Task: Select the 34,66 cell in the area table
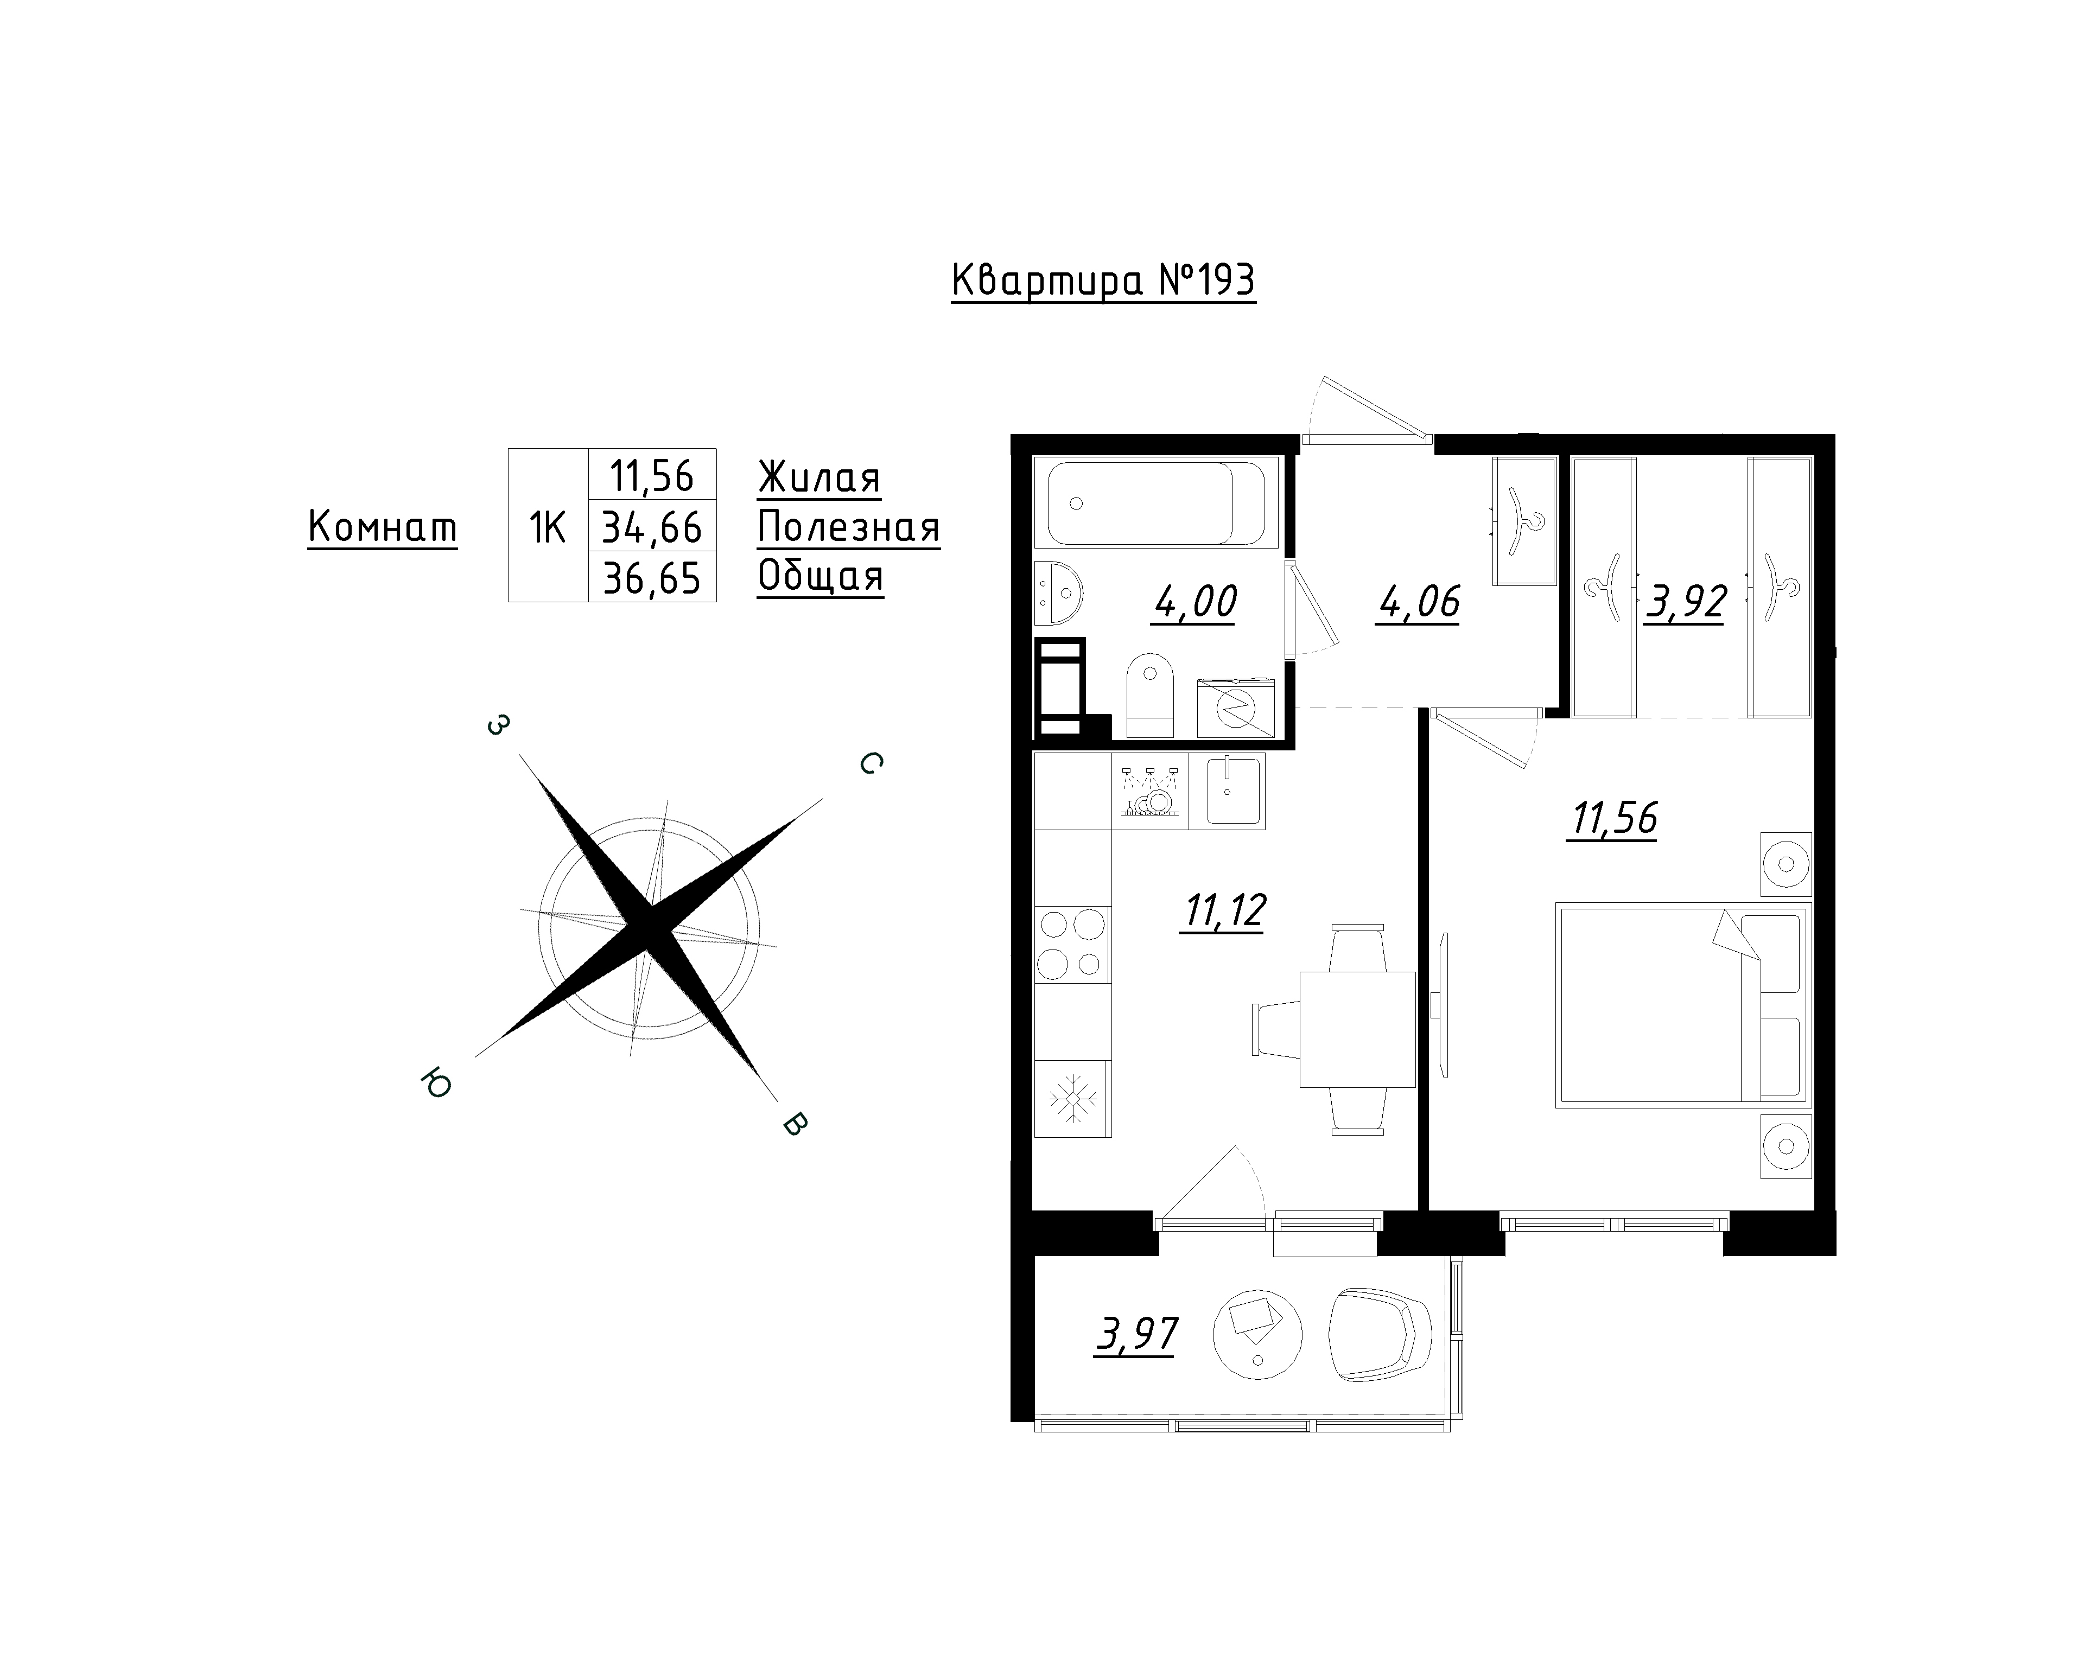point(652,527)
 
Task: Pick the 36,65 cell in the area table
point(652,578)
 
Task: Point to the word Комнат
point(383,528)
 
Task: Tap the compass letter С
point(870,763)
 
